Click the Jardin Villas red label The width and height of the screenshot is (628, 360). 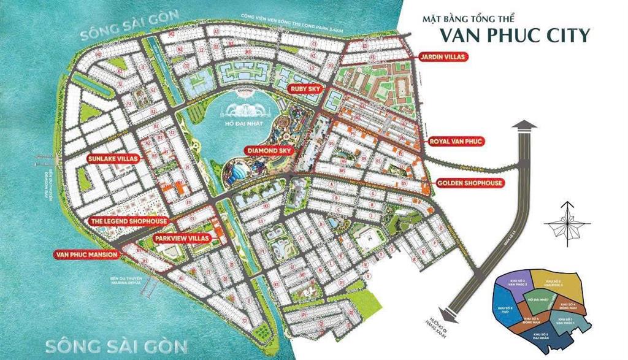(x=443, y=57)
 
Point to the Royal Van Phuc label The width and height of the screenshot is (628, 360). (x=457, y=142)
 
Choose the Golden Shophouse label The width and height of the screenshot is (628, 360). (x=470, y=183)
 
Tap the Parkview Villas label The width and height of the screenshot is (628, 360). (x=182, y=237)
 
